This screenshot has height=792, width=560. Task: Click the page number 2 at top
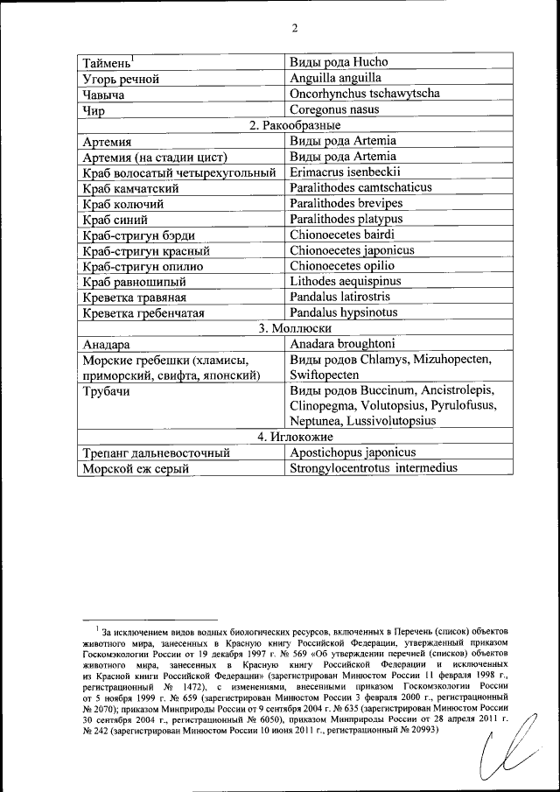coord(295,27)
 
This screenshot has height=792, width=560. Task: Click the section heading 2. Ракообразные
coord(295,125)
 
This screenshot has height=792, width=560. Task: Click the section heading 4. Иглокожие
coord(295,437)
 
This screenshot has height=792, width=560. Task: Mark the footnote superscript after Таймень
coord(132,59)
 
